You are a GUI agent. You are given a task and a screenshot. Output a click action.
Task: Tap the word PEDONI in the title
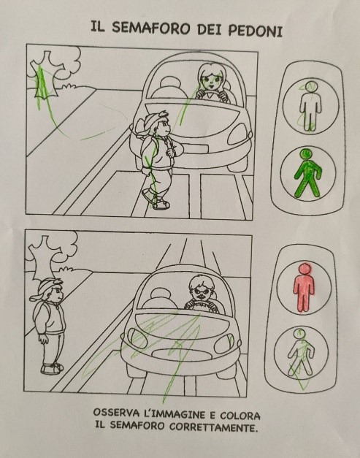[255, 30]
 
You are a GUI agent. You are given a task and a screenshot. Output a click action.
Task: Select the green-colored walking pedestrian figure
[307, 173]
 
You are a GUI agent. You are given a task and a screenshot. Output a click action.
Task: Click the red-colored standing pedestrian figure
[304, 287]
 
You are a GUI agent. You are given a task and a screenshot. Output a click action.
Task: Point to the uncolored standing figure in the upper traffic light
[310, 106]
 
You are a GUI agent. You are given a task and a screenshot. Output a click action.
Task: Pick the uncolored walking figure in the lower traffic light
[300, 353]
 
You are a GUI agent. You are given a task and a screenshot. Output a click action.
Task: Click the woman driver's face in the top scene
[210, 78]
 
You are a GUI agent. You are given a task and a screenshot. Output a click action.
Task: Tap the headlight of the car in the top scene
[239, 134]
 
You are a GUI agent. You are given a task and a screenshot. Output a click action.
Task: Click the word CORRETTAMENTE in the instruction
[214, 427]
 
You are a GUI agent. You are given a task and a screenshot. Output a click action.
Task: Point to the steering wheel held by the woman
[211, 93]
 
